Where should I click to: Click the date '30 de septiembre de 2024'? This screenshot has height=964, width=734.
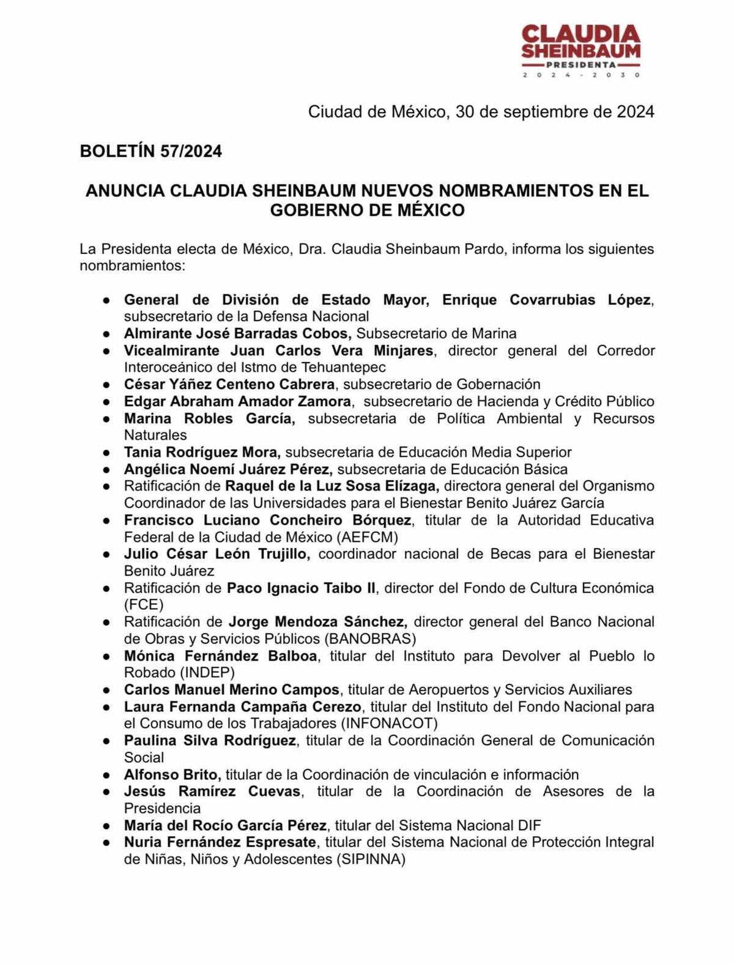(x=554, y=112)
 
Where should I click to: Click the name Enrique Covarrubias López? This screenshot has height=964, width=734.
(x=546, y=300)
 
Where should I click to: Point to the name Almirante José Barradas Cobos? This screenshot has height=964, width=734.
(x=237, y=333)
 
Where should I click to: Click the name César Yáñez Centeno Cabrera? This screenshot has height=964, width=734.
(x=229, y=384)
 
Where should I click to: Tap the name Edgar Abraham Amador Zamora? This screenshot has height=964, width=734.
(x=237, y=401)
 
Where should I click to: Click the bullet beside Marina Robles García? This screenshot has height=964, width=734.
(x=106, y=419)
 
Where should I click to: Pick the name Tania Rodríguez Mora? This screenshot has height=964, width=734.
(x=202, y=452)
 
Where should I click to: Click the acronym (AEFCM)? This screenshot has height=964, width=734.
(x=366, y=537)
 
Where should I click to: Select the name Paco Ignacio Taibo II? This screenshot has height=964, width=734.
(x=302, y=588)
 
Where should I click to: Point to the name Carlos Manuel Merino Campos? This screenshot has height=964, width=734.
(x=231, y=689)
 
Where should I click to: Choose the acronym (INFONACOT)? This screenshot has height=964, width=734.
(x=389, y=724)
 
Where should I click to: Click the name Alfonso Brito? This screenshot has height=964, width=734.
(x=171, y=774)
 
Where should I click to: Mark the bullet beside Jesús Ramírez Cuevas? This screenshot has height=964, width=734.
(x=106, y=792)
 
